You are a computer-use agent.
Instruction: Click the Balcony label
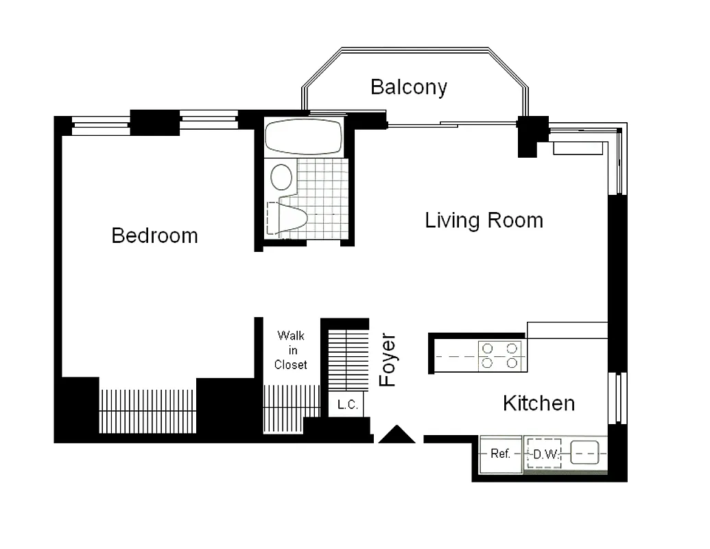(x=408, y=87)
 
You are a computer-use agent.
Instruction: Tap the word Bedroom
(x=154, y=236)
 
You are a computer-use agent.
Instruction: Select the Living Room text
(x=484, y=220)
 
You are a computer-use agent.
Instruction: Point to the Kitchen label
(x=539, y=403)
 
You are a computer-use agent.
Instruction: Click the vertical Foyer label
(x=388, y=360)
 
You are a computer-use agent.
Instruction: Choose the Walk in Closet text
(x=290, y=350)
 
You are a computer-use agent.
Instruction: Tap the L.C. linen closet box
(x=347, y=406)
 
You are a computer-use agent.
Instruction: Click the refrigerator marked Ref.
(x=500, y=454)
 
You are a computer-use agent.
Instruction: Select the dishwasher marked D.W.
(x=544, y=454)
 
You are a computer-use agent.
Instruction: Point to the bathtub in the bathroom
(x=303, y=137)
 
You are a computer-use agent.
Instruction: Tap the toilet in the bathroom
(x=292, y=218)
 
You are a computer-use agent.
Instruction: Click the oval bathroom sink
(x=281, y=177)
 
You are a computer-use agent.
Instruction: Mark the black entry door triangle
(x=397, y=434)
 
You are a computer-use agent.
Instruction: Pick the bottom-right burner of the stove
(x=512, y=363)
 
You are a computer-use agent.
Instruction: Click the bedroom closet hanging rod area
(x=148, y=410)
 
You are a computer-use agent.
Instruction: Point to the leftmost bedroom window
(x=101, y=125)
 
